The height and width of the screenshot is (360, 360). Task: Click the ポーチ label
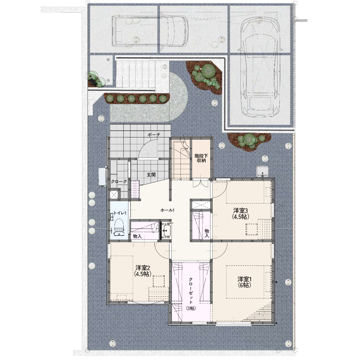154,135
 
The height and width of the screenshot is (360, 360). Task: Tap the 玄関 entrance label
151,175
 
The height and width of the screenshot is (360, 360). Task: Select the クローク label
119,181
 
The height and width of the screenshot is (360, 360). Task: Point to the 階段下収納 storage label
201,158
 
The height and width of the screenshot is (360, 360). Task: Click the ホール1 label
168,210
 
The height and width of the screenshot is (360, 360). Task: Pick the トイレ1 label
120,213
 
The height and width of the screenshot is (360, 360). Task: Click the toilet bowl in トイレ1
119,227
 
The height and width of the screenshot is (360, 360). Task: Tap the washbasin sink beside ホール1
166,230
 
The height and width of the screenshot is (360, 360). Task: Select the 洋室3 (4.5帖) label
240,213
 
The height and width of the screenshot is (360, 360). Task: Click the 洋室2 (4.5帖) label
143,271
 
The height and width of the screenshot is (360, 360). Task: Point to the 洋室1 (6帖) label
245,282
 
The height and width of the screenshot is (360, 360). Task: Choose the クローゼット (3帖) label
191,294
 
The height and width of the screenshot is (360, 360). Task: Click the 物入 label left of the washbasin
137,236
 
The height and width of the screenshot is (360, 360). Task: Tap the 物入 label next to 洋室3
207,233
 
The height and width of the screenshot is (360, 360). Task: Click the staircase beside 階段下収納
182,159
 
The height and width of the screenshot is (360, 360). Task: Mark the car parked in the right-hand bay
261,66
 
